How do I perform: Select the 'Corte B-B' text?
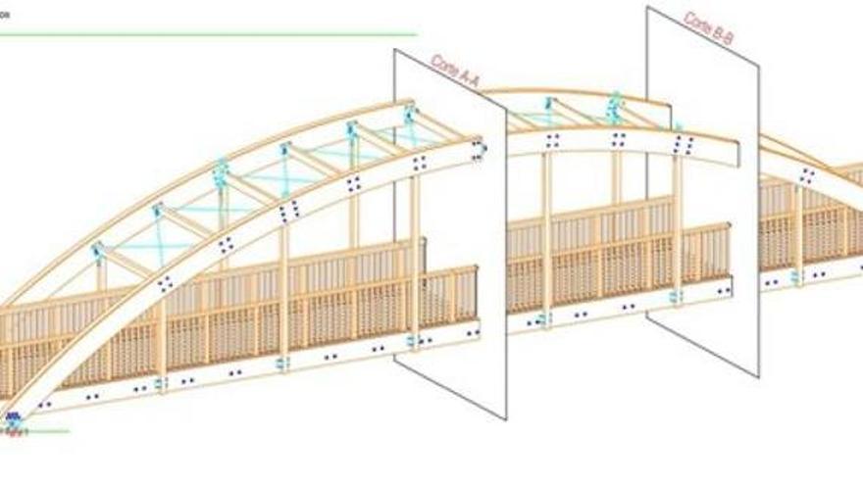[x=709, y=30]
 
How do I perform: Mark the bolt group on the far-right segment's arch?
[x=807, y=175]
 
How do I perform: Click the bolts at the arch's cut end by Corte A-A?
[x=479, y=150]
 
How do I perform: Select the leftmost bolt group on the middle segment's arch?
[x=552, y=140]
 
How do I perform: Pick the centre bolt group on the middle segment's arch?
[x=618, y=139]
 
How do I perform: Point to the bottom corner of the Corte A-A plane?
[x=506, y=418]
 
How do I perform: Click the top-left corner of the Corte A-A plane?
[x=395, y=51]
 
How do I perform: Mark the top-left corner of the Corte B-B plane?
[x=647, y=8]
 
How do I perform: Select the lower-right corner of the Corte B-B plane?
[x=758, y=374]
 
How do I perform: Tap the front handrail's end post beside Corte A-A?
[x=476, y=294]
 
